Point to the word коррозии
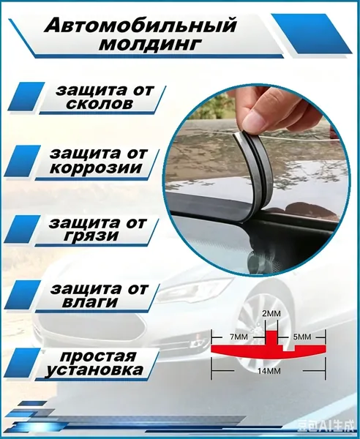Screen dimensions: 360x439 point(97,168)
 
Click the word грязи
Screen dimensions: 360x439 point(91,236)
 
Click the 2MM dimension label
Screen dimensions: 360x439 point(271,314)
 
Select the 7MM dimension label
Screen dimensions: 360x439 point(239,337)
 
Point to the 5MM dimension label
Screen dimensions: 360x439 point(301,337)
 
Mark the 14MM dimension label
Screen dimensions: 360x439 point(269,371)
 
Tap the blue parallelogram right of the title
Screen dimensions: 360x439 point(312,34)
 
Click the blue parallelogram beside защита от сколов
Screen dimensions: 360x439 point(26,96)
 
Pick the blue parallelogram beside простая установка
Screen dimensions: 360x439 point(23,363)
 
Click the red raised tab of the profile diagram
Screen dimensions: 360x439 point(271,338)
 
